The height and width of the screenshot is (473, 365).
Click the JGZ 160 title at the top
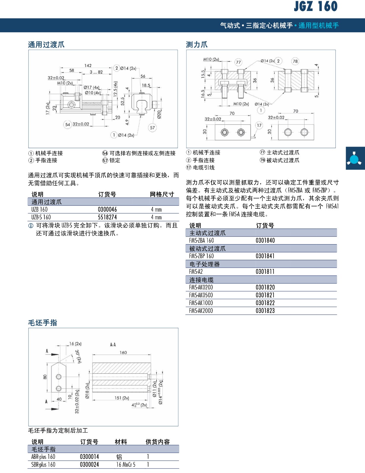click(x=316, y=6)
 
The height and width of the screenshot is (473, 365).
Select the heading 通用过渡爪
click(x=46, y=45)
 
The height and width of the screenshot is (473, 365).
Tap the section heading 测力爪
click(x=197, y=45)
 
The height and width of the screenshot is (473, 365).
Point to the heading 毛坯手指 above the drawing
click(x=43, y=323)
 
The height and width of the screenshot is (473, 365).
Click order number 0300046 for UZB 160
click(x=108, y=210)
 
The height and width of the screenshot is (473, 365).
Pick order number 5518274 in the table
click(x=108, y=217)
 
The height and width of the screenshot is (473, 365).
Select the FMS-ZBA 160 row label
click(x=201, y=241)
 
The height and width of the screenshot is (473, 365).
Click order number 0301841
click(x=265, y=256)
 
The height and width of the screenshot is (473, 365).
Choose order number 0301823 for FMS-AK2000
click(x=265, y=311)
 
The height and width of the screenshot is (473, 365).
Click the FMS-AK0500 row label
click(x=201, y=295)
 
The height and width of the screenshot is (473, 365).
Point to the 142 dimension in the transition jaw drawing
click(x=88, y=66)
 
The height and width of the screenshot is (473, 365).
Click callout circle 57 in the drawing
click(x=152, y=128)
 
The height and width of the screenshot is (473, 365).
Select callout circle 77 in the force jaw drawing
click(x=238, y=62)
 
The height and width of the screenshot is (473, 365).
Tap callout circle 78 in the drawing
click(x=295, y=61)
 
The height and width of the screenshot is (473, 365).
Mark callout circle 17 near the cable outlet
click(x=259, y=125)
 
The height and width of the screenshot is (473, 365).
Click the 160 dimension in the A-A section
click(x=123, y=352)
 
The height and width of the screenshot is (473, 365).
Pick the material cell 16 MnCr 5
click(x=126, y=465)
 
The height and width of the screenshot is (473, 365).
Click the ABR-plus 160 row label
click(x=43, y=457)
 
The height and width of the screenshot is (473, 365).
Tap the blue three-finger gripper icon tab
click(x=355, y=158)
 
